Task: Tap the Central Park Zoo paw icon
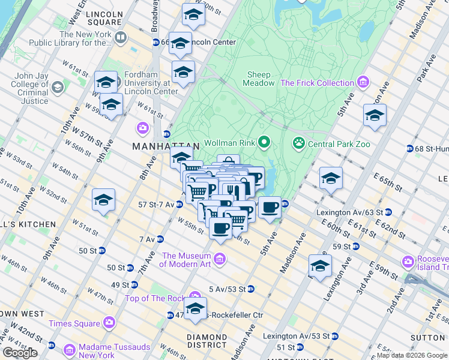pyautogui.click(x=298, y=143)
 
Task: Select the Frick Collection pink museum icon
pyautogui.click(x=363, y=83)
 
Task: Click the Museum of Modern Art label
pyautogui.click(x=185, y=260)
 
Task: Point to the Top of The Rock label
pyautogui.click(x=156, y=298)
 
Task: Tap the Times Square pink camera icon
pyautogui.click(x=109, y=323)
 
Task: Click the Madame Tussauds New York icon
pyautogui.click(x=70, y=349)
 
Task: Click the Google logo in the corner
pyautogui.click(x=20, y=353)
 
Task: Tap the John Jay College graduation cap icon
pyautogui.click(x=58, y=88)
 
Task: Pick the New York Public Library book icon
pyautogui.click(x=121, y=38)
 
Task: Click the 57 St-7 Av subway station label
pyautogui.click(x=156, y=205)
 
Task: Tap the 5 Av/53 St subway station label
pyautogui.click(x=228, y=289)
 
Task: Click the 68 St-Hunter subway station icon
pyautogui.click(x=409, y=148)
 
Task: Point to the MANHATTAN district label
pyautogui.click(x=165, y=146)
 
